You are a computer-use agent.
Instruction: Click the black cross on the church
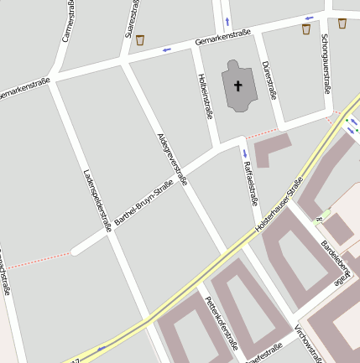237,85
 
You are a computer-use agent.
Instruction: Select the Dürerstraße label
269,80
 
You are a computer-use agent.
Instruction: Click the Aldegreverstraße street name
172,158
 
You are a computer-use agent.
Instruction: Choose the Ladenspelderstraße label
97,200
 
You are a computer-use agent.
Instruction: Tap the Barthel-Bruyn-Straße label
143,203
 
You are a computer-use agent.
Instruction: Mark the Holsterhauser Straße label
279,205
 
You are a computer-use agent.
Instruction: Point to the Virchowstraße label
309,343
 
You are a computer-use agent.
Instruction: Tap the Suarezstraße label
131,18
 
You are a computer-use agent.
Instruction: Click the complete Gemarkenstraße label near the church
222,38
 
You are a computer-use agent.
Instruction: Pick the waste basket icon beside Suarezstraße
140,39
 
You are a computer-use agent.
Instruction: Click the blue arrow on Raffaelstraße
244,153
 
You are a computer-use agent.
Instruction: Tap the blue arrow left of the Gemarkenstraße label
166,49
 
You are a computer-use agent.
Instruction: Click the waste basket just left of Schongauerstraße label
305,29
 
